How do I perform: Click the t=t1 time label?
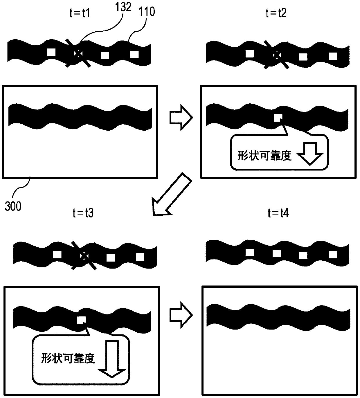pyautogui.click(x=80, y=13)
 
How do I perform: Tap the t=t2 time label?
pyautogui.click(x=276, y=13)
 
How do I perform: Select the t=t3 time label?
pyautogui.click(x=83, y=213)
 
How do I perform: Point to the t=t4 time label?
pyautogui.click(x=278, y=213)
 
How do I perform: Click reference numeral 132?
pyautogui.click(x=123, y=7)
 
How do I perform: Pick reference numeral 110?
pyautogui.click(x=147, y=12)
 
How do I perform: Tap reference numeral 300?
pyautogui.click(x=13, y=206)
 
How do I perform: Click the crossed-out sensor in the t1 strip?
pyautogui.click(x=78, y=54)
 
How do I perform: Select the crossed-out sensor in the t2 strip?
pyautogui.click(x=276, y=55)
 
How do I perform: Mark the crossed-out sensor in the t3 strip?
pyautogui.click(x=84, y=256)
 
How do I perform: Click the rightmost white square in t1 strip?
pyautogui.click(x=134, y=54)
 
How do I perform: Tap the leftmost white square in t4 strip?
pyautogui.click(x=250, y=253)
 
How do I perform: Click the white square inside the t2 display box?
pyautogui.click(x=278, y=118)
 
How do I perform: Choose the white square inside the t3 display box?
pyautogui.click(x=81, y=320)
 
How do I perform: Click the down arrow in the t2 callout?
pyautogui.click(x=310, y=154)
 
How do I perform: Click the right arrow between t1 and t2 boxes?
pyautogui.click(x=181, y=118)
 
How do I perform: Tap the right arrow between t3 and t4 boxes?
pyautogui.click(x=181, y=315)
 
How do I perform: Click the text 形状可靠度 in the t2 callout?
pyautogui.click(x=264, y=156)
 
